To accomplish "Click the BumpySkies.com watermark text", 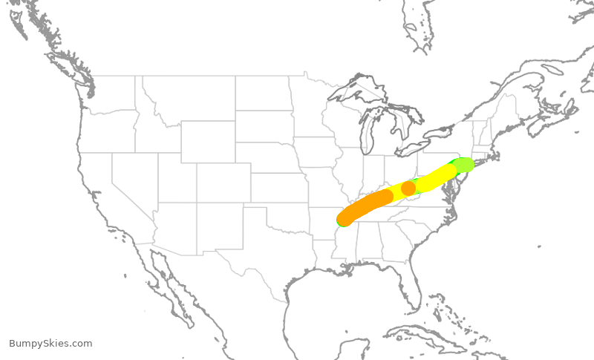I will (50, 344).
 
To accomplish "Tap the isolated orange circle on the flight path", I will (408, 188).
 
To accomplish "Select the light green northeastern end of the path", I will (463, 164).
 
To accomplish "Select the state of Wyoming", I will (207, 141).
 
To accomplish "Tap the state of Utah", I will (175, 178).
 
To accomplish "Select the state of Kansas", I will (278, 189).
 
